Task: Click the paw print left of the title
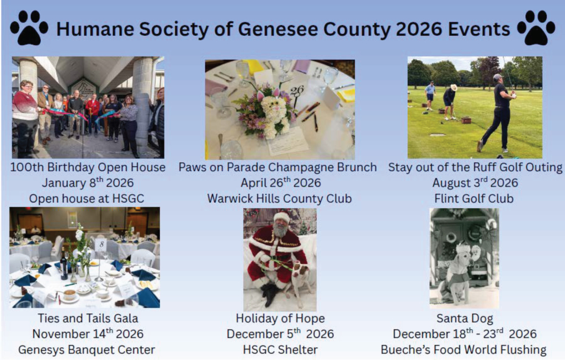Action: [x=29, y=28]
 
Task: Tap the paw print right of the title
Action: [x=536, y=28]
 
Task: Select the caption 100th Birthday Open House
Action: [x=88, y=167]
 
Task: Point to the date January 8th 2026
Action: [x=88, y=183]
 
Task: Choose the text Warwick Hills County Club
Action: [x=280, y=198]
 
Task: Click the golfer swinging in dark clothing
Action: [x=497, y=112]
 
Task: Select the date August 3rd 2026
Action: [x=475, y=183]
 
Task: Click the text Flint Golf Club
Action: [x=474, y=198]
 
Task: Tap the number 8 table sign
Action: [x=102, y=244]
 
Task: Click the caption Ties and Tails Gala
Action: [x=88, y=318]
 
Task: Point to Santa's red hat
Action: [x=282, y=217]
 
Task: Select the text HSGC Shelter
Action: [x=280, y=350]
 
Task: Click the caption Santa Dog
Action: [x=465, y=319]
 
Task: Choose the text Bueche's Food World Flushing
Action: [x=463, y=350]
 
